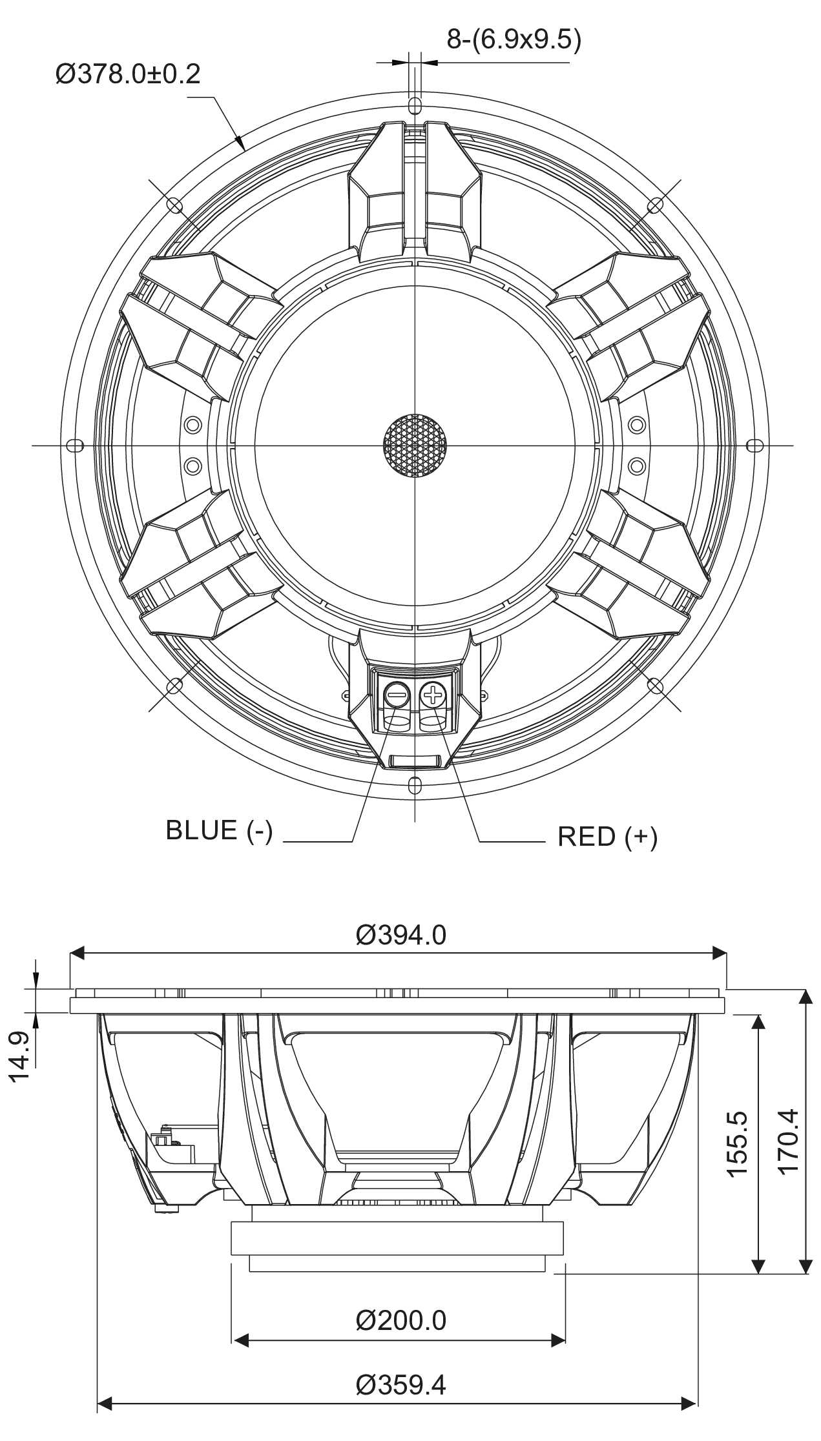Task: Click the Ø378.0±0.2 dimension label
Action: (128, 75)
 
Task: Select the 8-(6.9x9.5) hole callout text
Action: (514, 40)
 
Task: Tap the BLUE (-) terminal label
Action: (219, 830)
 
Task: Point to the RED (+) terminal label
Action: (607, 837)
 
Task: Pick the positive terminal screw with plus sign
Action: (433, 695)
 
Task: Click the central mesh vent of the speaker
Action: (415, 445)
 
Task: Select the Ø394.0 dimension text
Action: (400, 935)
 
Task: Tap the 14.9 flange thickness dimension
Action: (19, 1056)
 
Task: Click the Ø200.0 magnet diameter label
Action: (400, 1320)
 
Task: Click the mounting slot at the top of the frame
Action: (415, 106)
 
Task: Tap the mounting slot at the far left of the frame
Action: (75, 445)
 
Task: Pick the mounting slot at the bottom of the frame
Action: (415, 784)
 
